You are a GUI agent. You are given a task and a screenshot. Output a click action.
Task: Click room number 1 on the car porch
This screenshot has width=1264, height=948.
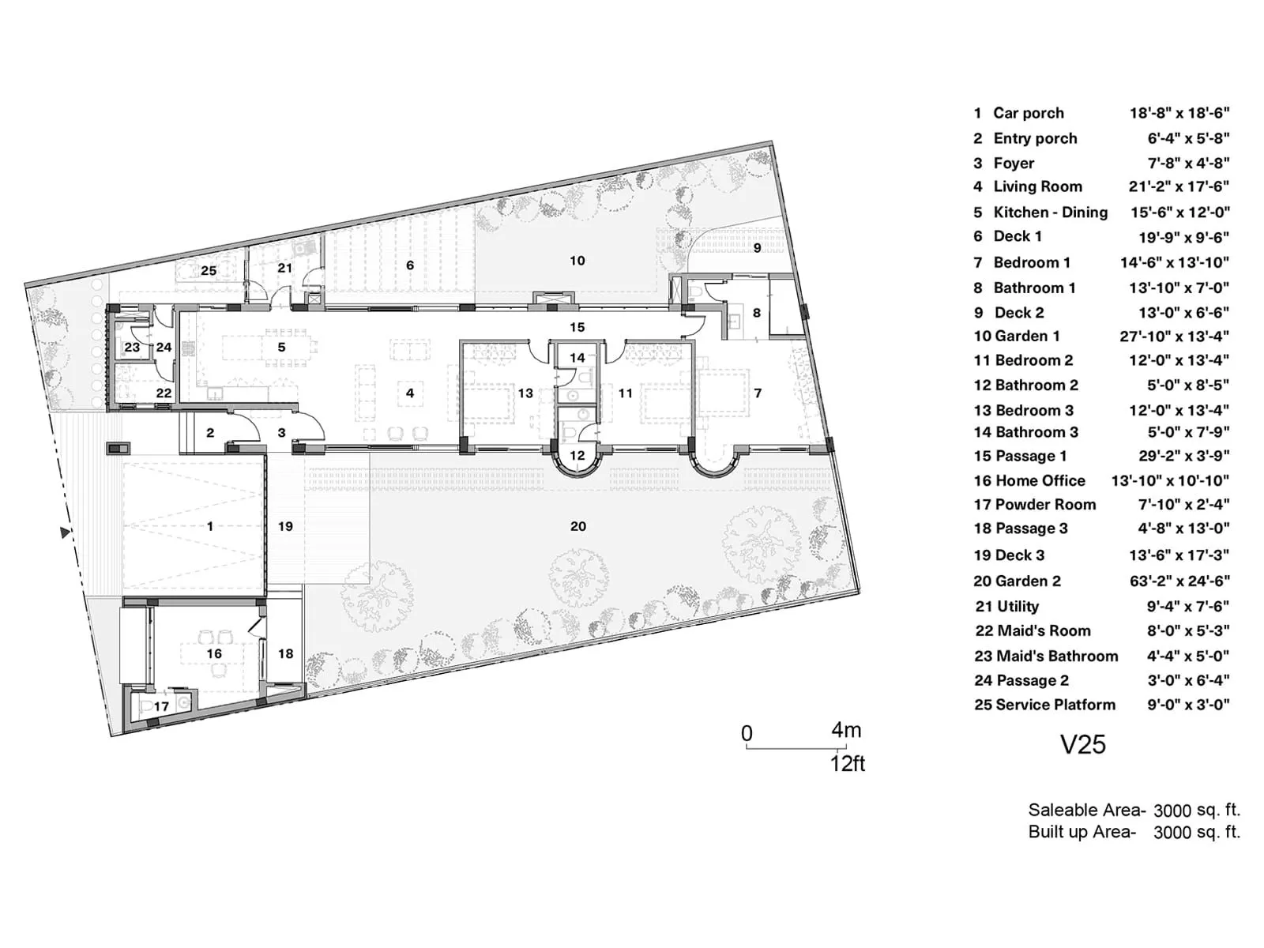pos(210,526)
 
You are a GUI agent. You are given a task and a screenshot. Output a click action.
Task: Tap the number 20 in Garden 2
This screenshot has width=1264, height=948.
pos(578,526)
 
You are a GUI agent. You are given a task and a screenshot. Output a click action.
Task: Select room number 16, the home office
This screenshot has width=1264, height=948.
pos(214,653)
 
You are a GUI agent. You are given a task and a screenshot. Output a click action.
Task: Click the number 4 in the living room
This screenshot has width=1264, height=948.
pos(410,393)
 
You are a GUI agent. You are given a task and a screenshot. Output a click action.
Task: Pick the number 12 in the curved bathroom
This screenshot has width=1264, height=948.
pos(577,455)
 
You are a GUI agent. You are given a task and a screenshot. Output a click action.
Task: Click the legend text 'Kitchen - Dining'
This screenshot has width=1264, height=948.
pos(1050,212)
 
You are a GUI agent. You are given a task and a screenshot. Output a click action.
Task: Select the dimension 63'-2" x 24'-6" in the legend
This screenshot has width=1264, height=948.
pos(1179,581)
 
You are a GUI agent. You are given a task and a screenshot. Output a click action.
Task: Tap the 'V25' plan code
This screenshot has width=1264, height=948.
pos(1082,744)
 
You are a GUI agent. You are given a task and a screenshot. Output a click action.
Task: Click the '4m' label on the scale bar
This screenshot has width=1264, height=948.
pos(845,731)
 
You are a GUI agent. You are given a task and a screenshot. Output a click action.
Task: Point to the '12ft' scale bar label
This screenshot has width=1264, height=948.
pos(847,764)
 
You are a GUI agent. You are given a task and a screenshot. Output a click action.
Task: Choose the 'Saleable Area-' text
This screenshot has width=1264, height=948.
pos(1086,810)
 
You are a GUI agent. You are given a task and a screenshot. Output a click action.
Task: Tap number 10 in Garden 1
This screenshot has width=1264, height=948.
pos(577,261)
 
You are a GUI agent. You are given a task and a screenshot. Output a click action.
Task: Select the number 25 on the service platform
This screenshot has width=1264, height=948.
pos(209,271)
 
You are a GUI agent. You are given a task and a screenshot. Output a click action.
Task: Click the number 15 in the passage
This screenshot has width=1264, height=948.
pos(577,327)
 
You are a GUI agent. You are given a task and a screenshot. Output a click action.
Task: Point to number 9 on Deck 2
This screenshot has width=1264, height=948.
pos(757,248)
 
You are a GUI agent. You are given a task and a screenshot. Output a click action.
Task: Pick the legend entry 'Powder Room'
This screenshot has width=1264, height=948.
pos(1045,504)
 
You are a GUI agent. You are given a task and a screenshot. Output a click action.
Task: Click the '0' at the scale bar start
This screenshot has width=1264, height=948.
pos(747,734)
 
